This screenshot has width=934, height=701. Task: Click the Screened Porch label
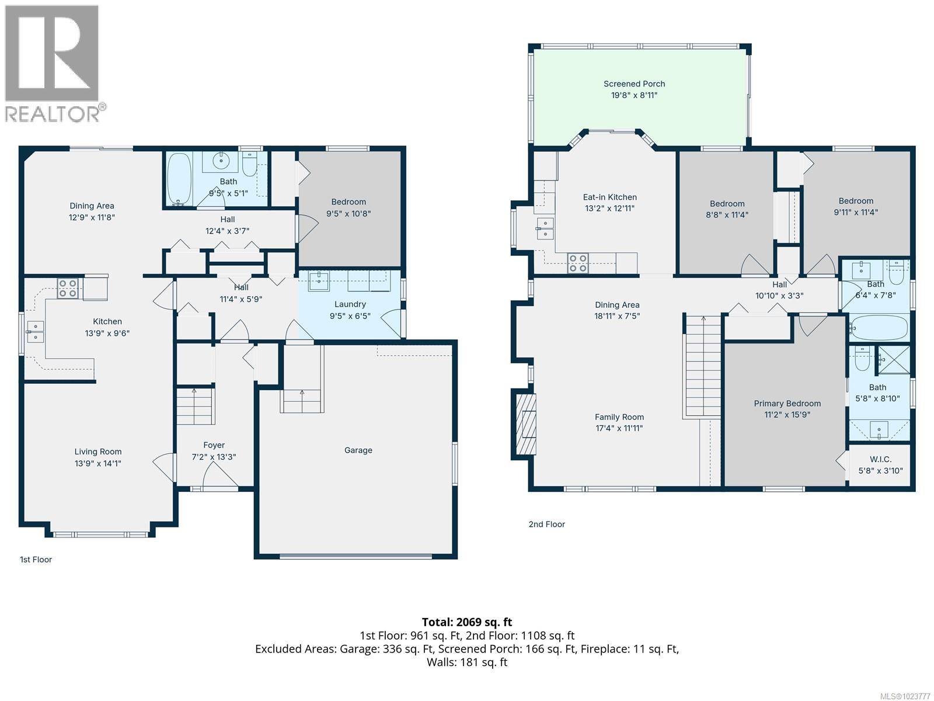[634, 84]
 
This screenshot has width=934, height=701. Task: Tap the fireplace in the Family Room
[526, 424]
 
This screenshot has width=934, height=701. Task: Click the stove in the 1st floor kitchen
[68, 288]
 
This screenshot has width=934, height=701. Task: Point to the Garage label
[358, 450]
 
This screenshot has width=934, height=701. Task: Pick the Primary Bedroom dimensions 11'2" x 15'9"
[787, 415]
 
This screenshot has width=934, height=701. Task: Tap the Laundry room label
[350, 304]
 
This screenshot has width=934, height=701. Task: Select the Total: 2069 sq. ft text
[466, 622]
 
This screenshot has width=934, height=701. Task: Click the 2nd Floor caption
[546, 524]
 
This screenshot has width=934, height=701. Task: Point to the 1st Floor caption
[36, 559]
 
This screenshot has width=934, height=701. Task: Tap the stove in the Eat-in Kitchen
[578, 263]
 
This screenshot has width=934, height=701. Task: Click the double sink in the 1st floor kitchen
[35, 332]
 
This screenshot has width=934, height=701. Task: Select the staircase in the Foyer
[196, 406]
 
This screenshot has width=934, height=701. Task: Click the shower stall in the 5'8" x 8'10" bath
[894, 359]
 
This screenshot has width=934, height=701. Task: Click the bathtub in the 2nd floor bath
[879, 328]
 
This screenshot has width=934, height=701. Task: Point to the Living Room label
[98, 452]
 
